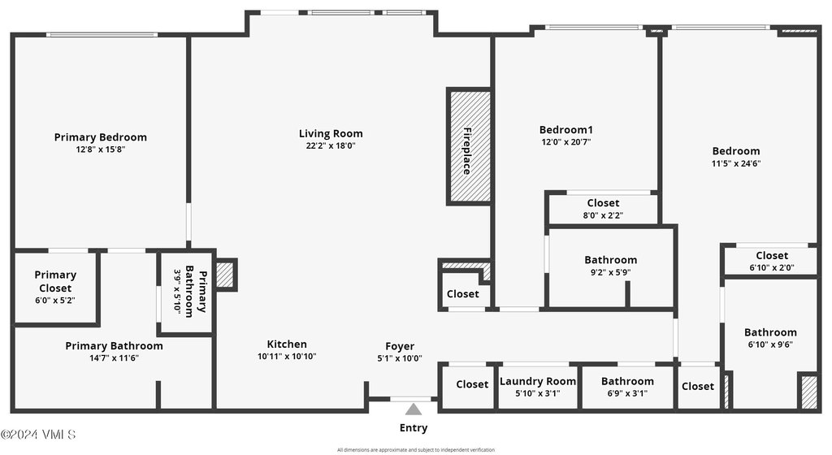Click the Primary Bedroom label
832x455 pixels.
101,137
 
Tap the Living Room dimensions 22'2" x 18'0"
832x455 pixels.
331,146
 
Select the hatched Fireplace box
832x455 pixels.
469,146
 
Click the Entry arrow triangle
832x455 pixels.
414,409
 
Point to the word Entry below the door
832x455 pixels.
414,428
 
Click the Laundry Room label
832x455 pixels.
538,381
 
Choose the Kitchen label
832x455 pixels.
287,344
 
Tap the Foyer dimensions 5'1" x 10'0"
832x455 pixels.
400,358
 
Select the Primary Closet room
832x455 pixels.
55,288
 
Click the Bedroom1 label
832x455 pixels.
566,130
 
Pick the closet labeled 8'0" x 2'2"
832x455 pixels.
603,209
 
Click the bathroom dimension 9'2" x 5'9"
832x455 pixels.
610,272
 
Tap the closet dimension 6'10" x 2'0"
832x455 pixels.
772,267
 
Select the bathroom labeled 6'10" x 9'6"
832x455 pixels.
770,337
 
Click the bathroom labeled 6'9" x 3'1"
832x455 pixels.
627,387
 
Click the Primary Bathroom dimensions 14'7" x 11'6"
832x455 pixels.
114,358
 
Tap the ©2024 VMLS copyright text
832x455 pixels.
38,435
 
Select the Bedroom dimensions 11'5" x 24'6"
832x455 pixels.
736,163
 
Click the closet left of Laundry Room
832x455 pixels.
472,385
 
